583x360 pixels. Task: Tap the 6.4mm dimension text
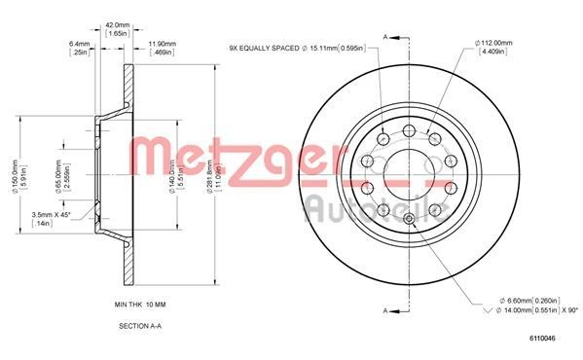(80, 43)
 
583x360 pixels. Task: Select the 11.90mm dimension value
(162, 43)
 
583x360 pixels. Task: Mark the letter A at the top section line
(386, 35)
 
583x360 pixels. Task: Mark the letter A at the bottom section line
(386, 309)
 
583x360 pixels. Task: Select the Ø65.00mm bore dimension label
(59, 177)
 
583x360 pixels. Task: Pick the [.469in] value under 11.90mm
(162, 53)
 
